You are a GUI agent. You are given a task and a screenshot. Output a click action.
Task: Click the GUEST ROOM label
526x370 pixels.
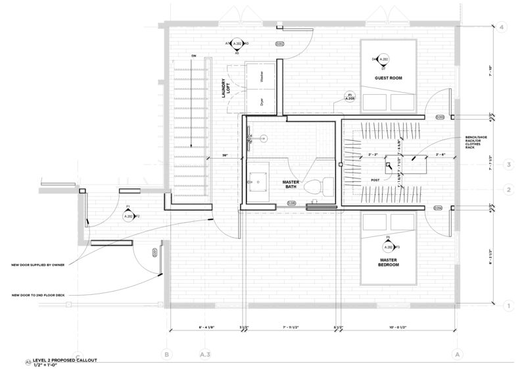click(x=388, y=78)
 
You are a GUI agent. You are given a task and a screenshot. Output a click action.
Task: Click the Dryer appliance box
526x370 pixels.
click(x=261, y=102)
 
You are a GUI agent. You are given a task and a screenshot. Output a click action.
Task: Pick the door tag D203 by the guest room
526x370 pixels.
click(x=440, y=117)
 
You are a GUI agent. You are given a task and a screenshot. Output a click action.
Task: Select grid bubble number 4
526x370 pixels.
click(x=502, y=28)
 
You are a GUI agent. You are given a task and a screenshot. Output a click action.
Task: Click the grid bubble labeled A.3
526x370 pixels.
click(x=204, y=355)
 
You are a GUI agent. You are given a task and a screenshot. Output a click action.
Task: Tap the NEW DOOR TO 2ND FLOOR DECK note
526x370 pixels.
click(x=39, y=294)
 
